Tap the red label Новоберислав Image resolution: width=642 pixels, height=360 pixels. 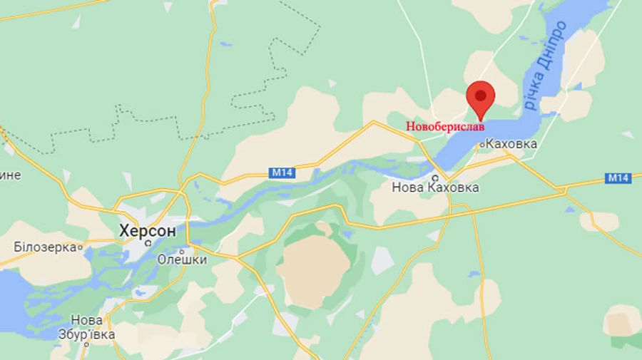point(445,126)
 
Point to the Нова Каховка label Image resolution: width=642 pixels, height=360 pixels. point(435,188)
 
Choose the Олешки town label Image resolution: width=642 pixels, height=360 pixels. point(182,259)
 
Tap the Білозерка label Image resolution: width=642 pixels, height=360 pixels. point(44,247)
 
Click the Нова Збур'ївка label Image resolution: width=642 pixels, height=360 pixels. point(86,326)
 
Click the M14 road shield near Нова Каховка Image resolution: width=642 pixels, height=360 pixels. point(282,173)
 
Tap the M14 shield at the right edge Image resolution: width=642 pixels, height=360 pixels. point(618,178)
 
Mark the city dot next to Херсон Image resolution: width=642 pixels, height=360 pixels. point(148,242)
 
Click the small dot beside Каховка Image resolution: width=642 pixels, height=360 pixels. point(481,145)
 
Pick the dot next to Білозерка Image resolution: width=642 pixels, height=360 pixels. point(81,247)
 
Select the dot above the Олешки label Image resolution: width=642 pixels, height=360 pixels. point(183,250)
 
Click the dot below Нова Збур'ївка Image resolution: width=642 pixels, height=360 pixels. point(86,344)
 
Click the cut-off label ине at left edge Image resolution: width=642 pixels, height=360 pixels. point(10,175)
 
